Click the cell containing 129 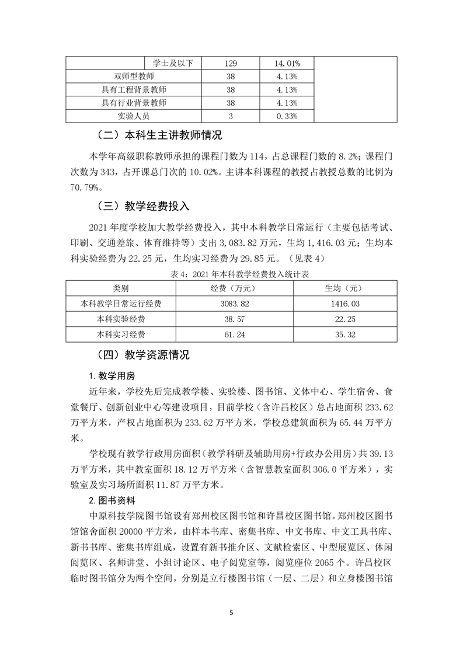(x=231, y=63)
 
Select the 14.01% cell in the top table (x=287, y=63)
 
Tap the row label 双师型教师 (x=134, y=76)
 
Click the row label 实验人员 (x=134, y=117)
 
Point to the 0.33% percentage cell (x=287, y=117)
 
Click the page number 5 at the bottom (x=232, y=612)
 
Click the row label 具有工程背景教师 (x=134, y=90)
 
